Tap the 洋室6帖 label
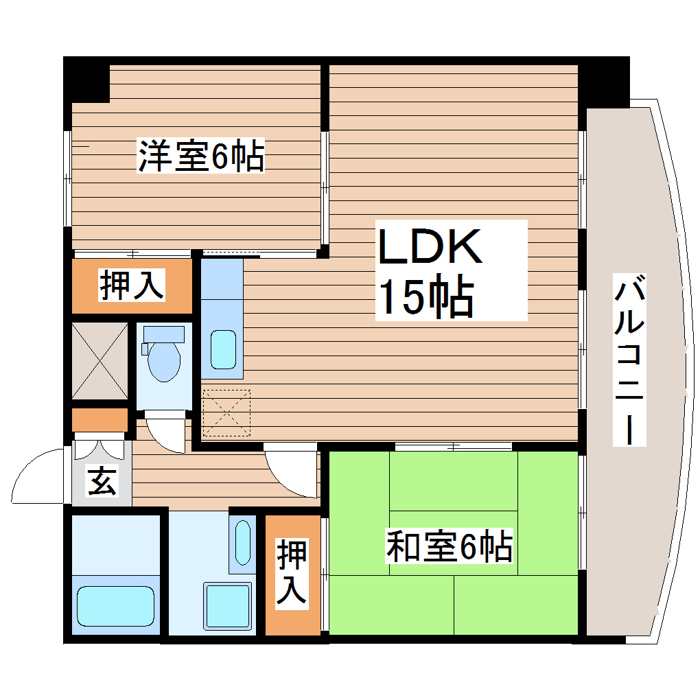click(x=200, y=157)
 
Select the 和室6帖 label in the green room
click(x=450, y=547)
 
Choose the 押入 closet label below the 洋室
click(x=132, y=285)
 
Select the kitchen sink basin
click(x=222, y=350)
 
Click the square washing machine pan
click(x=227, y=607)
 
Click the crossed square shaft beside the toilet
click(x=100, y=360)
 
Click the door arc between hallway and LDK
click(x=292, y=470)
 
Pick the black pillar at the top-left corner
click(x=87, y=79)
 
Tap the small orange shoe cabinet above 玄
click(x=100, y=419)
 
